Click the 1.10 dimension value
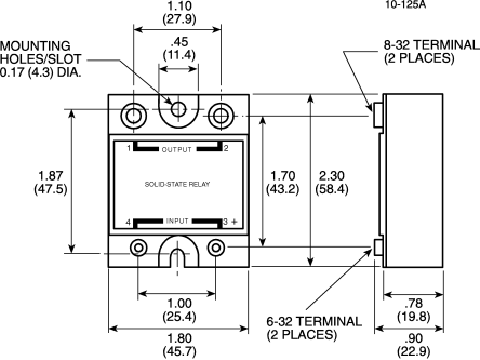(x=179, y=6)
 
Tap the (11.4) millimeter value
(x=179, y=55)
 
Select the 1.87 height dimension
(x=51, y=176)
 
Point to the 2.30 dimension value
(x=332, y=176)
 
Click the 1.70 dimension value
(x=283, y=176)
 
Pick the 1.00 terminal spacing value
(x=179, y=303)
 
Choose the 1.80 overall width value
(x=179, y=339)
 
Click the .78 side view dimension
(x=414, y=303)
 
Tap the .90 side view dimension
(x=414, y=339)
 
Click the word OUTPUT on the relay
(x=177, y=150)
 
